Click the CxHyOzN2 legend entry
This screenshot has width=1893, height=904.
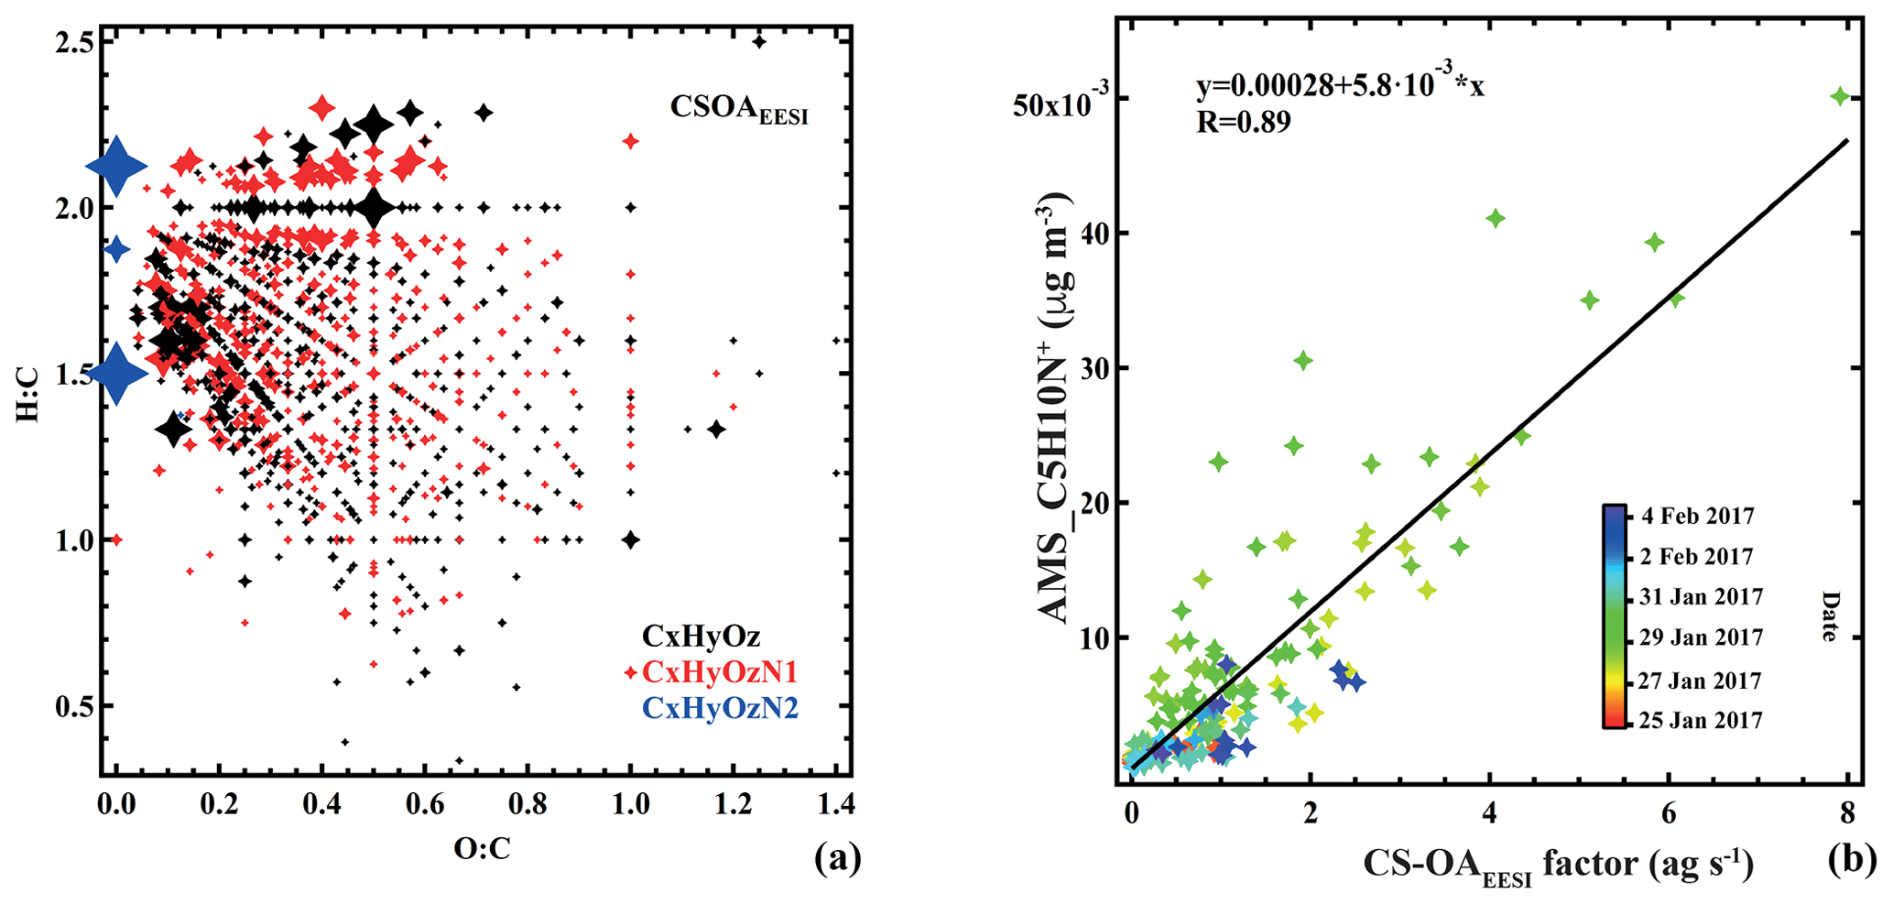click(x=720, y=708)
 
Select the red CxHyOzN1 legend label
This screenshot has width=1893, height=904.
click(x=720, y=672)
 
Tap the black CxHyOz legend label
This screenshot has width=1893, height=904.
click(x=701, y=636)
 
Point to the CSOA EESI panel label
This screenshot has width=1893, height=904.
click(x=738, y=108)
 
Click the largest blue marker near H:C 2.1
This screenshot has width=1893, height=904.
click(x=116, y=166)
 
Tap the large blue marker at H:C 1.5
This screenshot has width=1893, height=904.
click(x=116, y=372)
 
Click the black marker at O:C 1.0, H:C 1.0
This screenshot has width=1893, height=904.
click(x=630, y=539)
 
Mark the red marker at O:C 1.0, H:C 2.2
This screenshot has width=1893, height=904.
click(x=630, y=141)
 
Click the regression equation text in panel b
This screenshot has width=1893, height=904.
click(x=1340, y=85)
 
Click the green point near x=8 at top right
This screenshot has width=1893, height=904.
click(x=1840, y=96)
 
